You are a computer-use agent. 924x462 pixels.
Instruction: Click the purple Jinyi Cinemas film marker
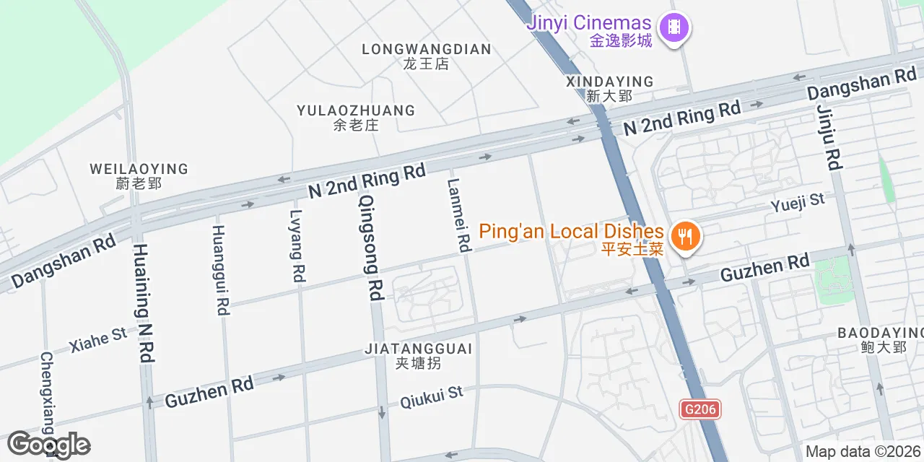675,28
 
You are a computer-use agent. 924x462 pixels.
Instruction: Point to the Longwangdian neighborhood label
426,56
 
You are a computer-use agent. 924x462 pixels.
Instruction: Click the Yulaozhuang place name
356,117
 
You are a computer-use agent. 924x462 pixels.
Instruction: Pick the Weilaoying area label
139,175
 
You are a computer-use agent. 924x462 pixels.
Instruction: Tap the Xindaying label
609,88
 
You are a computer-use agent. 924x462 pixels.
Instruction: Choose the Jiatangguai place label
419,355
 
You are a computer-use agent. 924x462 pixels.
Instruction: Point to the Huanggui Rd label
220,269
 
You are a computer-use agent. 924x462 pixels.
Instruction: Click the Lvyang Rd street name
297,245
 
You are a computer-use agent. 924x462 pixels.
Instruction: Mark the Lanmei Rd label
458,215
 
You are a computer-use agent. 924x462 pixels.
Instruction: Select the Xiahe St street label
98,339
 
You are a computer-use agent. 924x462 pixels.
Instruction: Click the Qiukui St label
431,396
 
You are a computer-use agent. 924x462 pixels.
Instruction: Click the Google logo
48,445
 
